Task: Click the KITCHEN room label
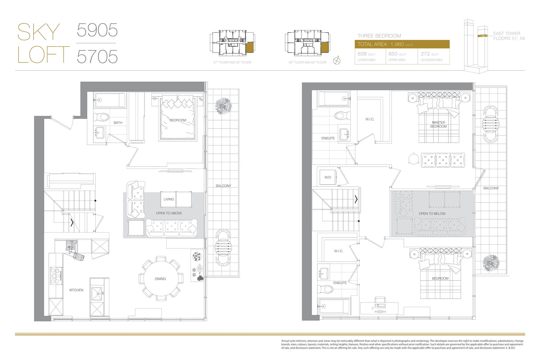[x=76, y=290]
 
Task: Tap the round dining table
[x=161, y=278]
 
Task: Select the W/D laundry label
[x=328, y=177]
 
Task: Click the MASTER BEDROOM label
[x=438, y=125]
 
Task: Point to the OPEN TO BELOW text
[x=432, y=214]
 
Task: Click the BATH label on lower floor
[x=118, y=123]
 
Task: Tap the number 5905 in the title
[x=97, y=30]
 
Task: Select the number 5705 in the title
[x=97, y=56]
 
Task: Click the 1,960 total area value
[x=397, y=44]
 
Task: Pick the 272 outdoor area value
[x=425, y=54]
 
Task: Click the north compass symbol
[x=337, y=60]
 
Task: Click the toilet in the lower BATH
[x=101, y=117]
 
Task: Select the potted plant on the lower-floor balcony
[x=223, y=106]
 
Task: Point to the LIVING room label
[x=169, y=199]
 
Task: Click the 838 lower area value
[x=362, y=54]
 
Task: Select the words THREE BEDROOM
[x=379, y=36]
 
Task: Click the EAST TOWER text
[x=507, y=33]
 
